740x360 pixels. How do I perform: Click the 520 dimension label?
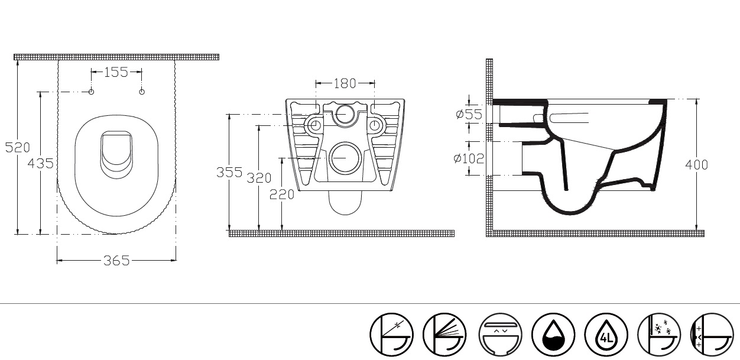pos(18,147)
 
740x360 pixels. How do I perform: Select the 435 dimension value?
pos(40,163)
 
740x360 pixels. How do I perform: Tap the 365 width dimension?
pos(116,261)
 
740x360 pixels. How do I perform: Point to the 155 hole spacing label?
pos(116,72)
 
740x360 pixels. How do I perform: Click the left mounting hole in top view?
pos(91,92)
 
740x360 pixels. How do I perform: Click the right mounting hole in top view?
pos(142,92)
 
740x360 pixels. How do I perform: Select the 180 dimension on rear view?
pos(345,83)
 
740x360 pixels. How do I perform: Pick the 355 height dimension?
pos(229,172)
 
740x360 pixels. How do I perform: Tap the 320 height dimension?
pos(259,178)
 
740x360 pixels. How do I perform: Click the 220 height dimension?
pos(282,194)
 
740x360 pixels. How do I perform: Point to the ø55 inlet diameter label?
pos(469,114)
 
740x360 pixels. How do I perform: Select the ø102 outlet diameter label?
pos(469,158)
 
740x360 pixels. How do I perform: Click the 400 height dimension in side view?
pos(697,165)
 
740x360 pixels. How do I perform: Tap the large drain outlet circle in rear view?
pos(345,158)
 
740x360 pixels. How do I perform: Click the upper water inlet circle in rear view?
pos(345,114)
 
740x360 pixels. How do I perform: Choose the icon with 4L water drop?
pos(606,335)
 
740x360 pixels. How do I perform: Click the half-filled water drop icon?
pos(553,335)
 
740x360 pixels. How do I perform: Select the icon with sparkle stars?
pos(659,335)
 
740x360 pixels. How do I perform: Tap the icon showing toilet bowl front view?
pos(500,335)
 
